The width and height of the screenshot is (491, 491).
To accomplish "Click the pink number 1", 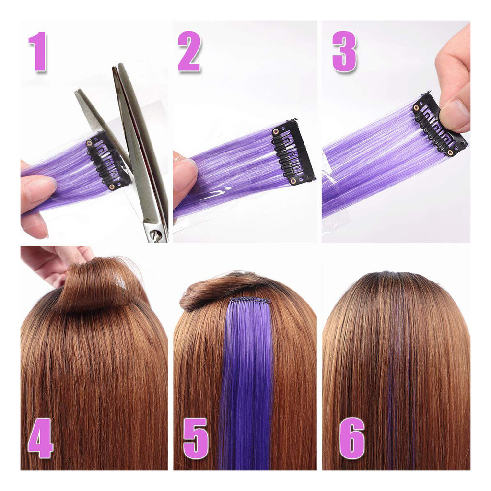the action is (38, 52).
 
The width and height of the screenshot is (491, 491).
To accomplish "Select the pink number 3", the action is (344, 52).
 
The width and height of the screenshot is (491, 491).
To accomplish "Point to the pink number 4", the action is (40, 438).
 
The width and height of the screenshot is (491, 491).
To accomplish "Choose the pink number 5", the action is (195, 438).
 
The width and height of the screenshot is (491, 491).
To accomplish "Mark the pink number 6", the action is (352, 438).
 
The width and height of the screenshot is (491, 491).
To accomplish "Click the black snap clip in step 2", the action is (293, 152).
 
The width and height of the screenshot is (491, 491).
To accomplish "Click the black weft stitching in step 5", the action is (250, 300).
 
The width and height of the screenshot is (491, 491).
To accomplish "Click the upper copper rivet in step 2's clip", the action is (276, 131).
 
